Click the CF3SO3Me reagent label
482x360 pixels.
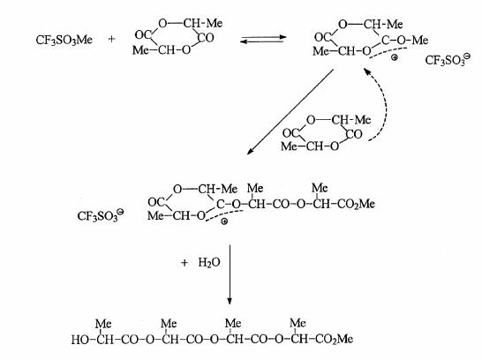[x=64, y=40]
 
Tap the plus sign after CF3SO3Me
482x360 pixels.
[x=111, y=39]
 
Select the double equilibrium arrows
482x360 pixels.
[x=263, y=40]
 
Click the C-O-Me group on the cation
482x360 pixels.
[x=405, y=41]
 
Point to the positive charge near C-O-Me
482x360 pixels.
[x=395, y=57]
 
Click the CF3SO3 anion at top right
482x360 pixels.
[x=448, y=60]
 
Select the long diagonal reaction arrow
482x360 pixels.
[x=290, y=112]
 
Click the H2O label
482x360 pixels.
[x=209, y=263]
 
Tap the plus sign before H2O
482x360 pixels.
[x=185, y=263]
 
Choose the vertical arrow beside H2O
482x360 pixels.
[x=230, y=274]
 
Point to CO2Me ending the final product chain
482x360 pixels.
[x=335, y=339]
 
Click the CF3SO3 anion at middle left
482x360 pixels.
[x=101, y=215]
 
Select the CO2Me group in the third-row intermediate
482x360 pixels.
[x=356, y=204]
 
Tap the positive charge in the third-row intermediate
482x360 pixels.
[x=224, y=221]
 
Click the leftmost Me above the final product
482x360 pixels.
[x=103, y=324]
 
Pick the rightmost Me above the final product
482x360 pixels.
[x=297, y=323]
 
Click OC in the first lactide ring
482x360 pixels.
[x=142, y=35]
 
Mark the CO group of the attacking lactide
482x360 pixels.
[x=354, y=134]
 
